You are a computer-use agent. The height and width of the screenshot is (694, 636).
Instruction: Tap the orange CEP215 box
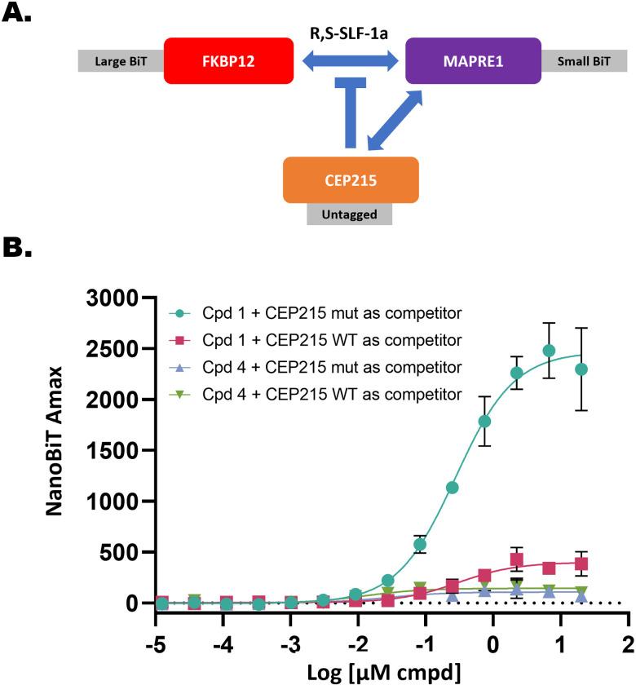click(x=350, y=179)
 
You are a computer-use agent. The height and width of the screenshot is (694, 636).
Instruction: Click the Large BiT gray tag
click(x=121, y=61)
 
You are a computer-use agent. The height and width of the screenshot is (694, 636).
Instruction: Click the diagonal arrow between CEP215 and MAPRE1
click(x=395, y=120)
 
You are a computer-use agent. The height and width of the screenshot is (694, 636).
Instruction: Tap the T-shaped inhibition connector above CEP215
click(x=350, y=110)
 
